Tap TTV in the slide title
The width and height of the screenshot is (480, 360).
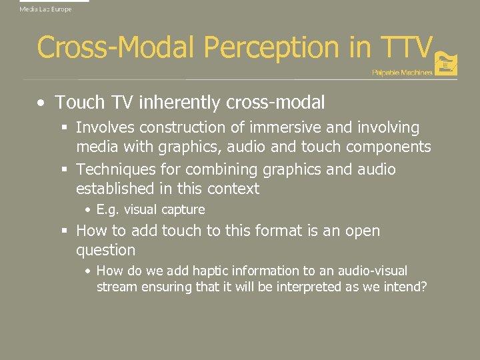(407, 47)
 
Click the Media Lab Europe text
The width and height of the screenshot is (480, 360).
(45, 9)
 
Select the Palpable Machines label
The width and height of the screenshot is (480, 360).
(402, 72)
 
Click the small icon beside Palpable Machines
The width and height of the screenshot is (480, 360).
(447, 65)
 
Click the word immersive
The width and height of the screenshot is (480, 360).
(286, 127)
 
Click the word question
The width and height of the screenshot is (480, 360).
(105, 251)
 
